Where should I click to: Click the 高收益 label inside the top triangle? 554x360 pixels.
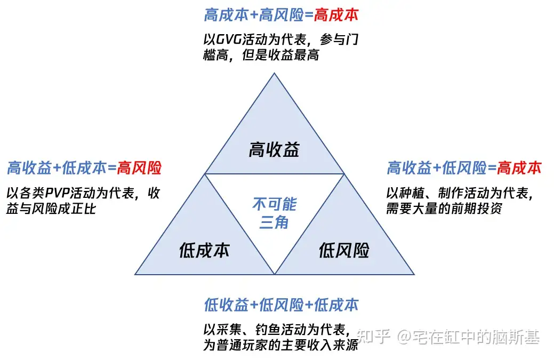(x=274, y=150)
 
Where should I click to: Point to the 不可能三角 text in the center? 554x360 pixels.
(x=274, y=213)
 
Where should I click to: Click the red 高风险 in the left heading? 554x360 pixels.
(x=139, y=169)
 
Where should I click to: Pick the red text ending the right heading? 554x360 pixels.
(x=519, y=169)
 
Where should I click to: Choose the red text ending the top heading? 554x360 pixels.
(x=336, y=15)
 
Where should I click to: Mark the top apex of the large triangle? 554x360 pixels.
(x=275, y=73)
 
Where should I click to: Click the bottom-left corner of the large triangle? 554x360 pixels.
(x=135, y=274)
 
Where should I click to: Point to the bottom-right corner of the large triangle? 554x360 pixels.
(x=414, y=274)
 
